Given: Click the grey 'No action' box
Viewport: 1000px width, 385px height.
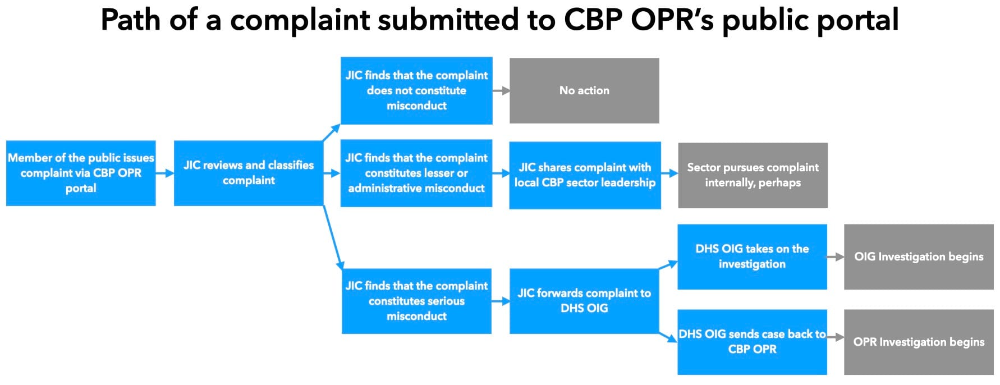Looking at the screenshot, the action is click(x=584, y=90).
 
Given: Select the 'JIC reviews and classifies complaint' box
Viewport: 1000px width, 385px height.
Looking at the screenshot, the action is click(x=249, y=173).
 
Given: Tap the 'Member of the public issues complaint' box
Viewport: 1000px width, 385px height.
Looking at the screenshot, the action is click(x=81, y=173).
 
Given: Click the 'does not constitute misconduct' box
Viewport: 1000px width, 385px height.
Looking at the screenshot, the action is click(x=416, y=90).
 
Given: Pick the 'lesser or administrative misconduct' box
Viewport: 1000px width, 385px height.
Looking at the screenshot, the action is click(x=416, y=173).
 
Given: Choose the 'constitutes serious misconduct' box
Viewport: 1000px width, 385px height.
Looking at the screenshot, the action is click(x=416, y=301).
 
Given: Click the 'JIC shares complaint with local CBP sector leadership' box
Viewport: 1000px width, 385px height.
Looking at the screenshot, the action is click(x=585, y=175).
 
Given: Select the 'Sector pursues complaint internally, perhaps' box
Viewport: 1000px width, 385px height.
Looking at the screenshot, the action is click(x=753, y=175).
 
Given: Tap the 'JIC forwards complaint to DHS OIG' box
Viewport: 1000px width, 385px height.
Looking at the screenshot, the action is click(x=584, y=301).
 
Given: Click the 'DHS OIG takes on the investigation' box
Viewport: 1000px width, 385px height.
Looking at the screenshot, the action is click(x=752, y=256).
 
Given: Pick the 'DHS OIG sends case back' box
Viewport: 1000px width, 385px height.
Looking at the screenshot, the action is click(x=752, y=342).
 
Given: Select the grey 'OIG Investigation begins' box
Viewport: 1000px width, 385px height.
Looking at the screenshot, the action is click(x=919, y=256).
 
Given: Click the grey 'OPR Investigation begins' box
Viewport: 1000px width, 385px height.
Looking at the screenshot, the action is click(x=919, y=342).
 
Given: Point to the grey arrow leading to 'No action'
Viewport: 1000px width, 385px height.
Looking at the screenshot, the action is click(x=501, y=90).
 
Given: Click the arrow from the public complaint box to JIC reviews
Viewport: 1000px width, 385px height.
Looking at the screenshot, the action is click(x=165, y=173).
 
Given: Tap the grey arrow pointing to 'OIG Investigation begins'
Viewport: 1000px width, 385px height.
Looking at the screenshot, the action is click(x=836, y=256).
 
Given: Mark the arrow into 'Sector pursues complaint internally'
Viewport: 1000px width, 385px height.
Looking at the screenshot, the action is click(x=669, y=173).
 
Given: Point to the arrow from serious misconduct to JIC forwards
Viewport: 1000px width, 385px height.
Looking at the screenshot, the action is click(x=501, y=301).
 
